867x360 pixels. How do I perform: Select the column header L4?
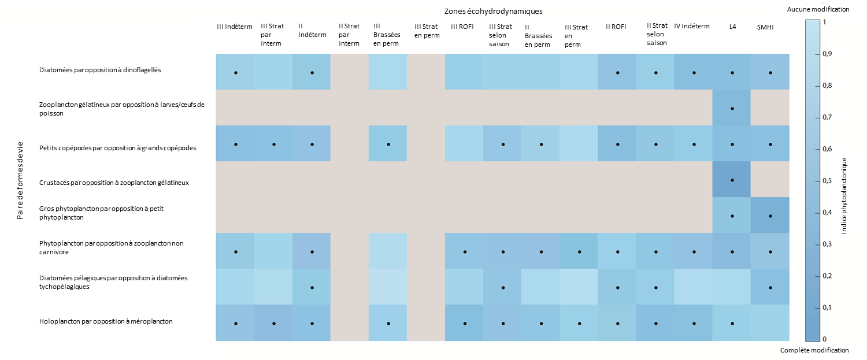(x=732, y=27)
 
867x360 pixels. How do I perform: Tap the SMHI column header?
(x=766, y=27)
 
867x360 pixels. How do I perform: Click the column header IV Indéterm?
(x=692, y=26)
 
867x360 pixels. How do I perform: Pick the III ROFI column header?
(x=462, y=27)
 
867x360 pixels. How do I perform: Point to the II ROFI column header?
(x=617, y=27)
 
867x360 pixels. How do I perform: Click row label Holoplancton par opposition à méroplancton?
(x=106, y=321)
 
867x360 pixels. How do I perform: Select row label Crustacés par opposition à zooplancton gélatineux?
(x=114, y=183)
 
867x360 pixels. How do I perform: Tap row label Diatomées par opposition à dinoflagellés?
(x=100, y=70)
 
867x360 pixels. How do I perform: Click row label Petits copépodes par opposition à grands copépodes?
(x=118, y=147)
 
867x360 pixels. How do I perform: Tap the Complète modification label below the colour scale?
(x=814, y=350)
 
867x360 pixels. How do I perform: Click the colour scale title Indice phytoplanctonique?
(x=844, y=195)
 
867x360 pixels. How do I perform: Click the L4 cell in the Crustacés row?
(x=732, y=180)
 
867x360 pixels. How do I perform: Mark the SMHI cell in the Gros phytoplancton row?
(x=769, y=216)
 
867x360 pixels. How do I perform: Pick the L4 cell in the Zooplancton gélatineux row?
(x=732, y=108)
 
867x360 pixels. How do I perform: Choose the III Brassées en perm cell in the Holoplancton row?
(x=388, y=323)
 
